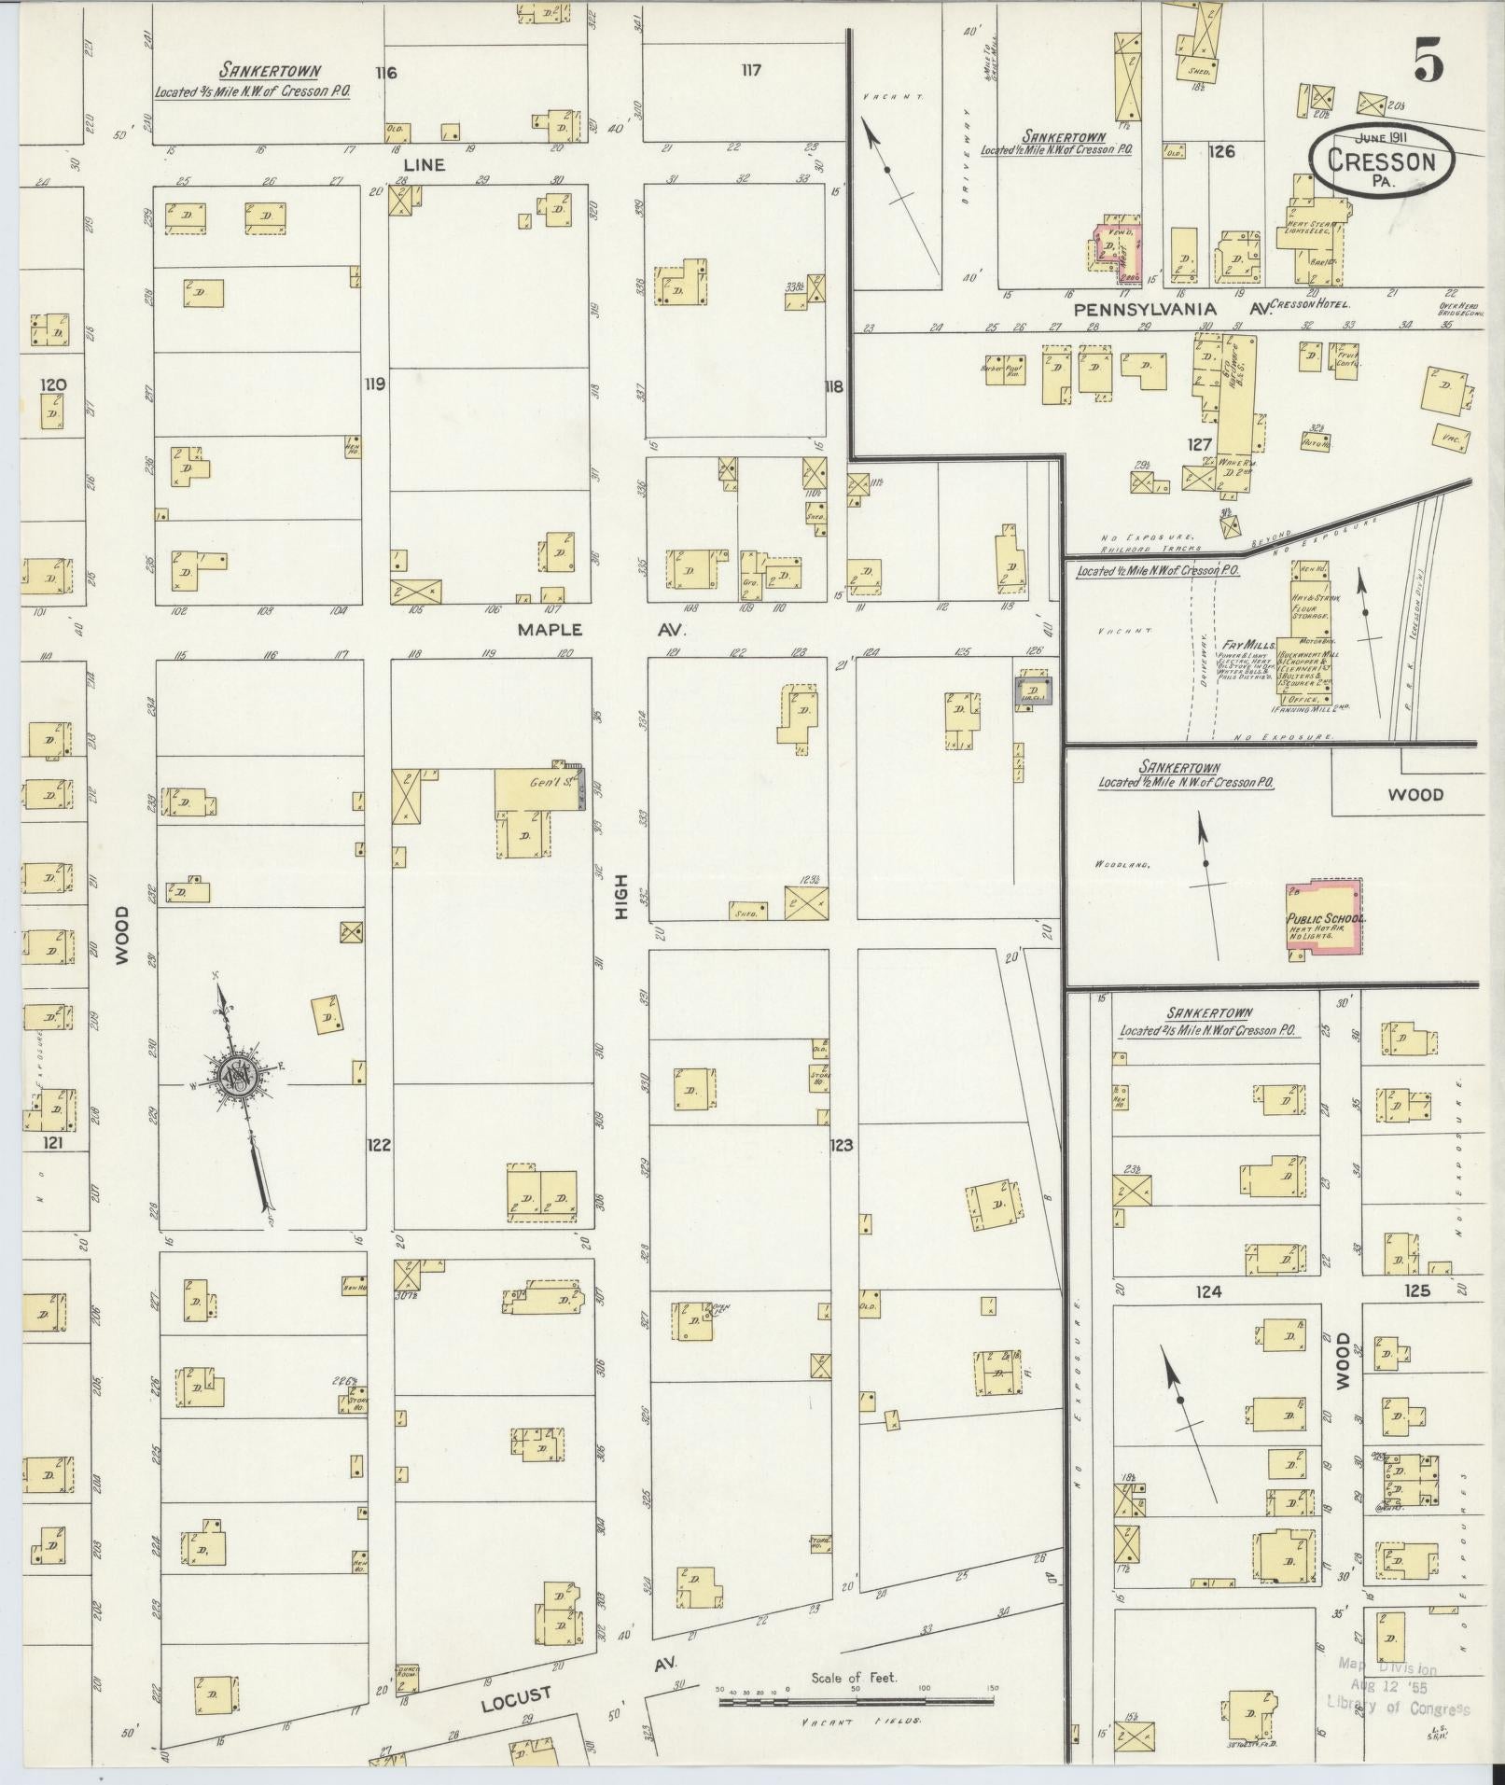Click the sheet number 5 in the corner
tap(1428, 63)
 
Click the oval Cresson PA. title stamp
tap(1381, 163)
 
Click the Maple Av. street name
tap(600, 630)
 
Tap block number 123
tap(842, 1145)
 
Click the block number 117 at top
tap(751, 70)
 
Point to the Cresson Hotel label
tap(1314, 303)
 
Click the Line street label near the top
tap(424, 164)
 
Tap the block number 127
tap(1199, 445)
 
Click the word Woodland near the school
tap(1122, 865)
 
